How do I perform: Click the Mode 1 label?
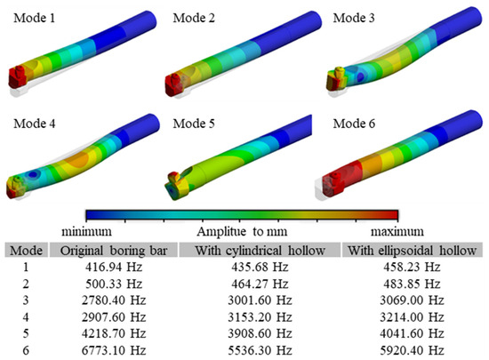[x=35, y=18]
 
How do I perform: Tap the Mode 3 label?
[x=354, y=18]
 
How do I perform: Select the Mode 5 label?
[x=194, y=124]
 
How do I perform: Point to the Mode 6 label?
[x=354, y=124]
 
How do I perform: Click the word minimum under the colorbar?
[x=87, y=231]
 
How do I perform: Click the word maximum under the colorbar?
[x=397, y=231]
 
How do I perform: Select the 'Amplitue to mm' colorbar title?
[x=242, y=232]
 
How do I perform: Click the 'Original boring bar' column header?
[x=114, y=251]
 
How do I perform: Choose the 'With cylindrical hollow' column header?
[x=261, y=251]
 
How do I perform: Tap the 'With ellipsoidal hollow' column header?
[x=412, y=251]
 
